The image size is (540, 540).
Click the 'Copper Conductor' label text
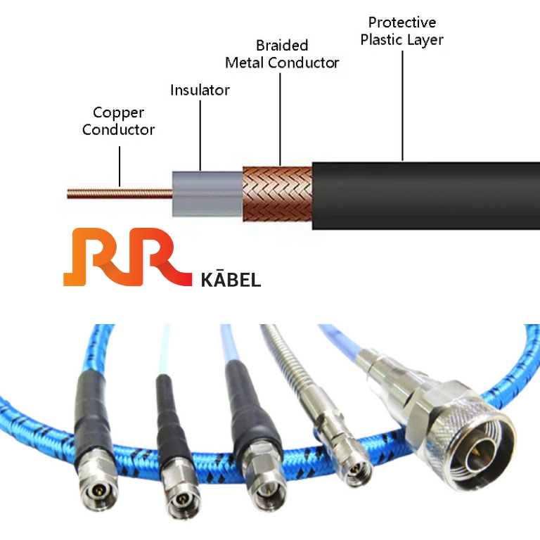[x=118, y=121]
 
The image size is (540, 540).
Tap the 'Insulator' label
[x=200, y=90]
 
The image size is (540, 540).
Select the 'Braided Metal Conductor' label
[x=282, y=54]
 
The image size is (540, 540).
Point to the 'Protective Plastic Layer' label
[x=402, y=31]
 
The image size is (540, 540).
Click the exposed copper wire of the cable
[x=120, y=191]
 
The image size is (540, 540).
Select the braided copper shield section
[x=276, y=192]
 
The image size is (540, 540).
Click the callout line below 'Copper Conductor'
[x=120, y=166]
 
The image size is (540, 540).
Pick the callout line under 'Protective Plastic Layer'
[x=403, y=105]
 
